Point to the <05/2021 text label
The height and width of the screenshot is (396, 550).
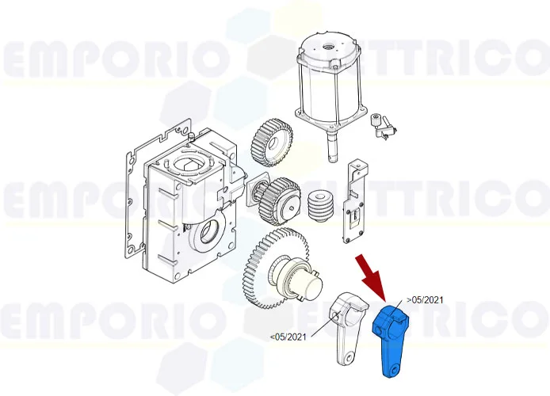click(x=288, y=337)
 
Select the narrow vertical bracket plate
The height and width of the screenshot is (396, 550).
click(x=352, y=203)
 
